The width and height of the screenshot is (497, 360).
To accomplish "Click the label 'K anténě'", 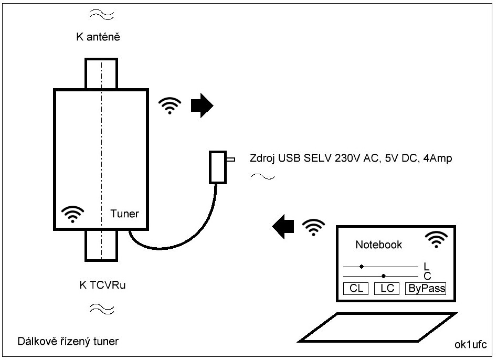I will coord(99,37).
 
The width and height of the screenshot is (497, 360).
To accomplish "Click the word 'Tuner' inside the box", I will coord(125,214).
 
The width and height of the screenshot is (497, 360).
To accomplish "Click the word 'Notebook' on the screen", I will coord(378,245).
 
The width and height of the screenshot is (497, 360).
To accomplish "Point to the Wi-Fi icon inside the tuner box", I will coord(72,214).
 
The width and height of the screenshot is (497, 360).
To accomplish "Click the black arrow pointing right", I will coord(202,107).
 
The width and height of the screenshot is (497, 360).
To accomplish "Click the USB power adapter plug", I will coord(218,167).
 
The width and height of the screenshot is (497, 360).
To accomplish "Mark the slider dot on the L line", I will coord(362,267).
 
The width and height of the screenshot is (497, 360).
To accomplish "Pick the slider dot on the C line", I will coord(384,276).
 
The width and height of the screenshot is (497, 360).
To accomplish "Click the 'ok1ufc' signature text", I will coord(471,345).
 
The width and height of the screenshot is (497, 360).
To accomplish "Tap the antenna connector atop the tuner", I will coord(101,73).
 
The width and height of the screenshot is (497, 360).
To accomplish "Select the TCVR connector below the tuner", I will coord(101,245).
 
